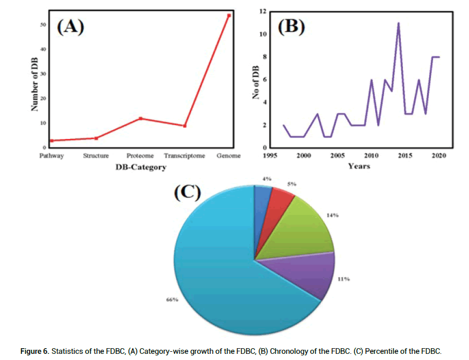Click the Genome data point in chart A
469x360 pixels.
click(229, 15)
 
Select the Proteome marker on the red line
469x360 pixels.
click(140, 118)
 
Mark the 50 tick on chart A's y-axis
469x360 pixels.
click(43, 25)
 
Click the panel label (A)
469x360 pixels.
click(70, 27)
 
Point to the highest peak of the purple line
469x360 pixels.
click(398, 23)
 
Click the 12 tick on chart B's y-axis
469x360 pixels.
click(263, 11)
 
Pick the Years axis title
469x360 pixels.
click(359, 166)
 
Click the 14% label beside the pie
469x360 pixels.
click(333, 215)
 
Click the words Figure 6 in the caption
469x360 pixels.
click(34, 351)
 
